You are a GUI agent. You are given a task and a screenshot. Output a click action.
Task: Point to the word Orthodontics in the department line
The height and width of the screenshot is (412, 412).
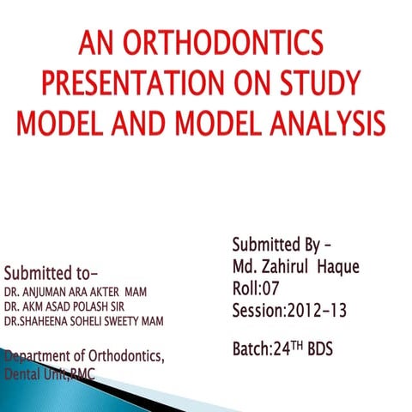pyautogui.click(x=129, y=356)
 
